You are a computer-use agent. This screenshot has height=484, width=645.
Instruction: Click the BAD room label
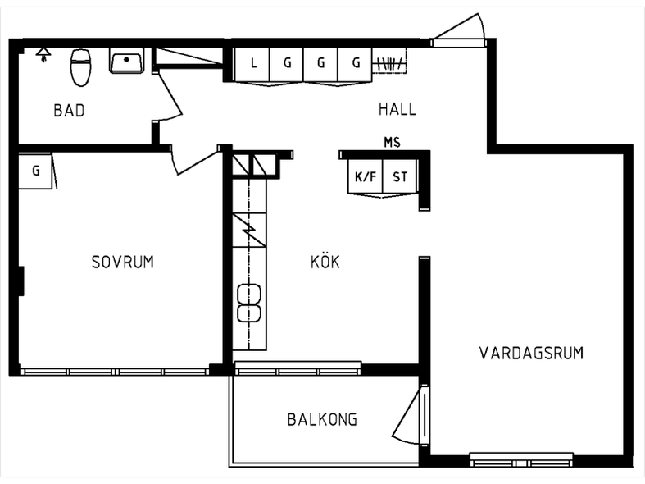(x=69, y=110)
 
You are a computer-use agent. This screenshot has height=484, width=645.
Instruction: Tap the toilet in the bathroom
(x=80, y=67)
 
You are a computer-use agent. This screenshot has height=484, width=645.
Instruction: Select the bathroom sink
(x=127, y=61)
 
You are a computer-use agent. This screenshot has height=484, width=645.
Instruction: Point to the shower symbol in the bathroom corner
(x=43, y=54)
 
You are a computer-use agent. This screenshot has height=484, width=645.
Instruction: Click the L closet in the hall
(x=252, y=65)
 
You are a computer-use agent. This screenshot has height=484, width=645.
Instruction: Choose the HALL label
(x=397, y=109)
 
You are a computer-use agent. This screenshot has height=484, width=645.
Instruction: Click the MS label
(x=392, y=143)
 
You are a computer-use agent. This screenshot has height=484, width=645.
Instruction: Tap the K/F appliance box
(x=366, y=176)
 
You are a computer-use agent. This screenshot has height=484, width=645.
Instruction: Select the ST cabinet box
(x=399, y=176)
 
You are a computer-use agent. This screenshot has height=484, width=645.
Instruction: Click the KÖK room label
(x=325, y=262)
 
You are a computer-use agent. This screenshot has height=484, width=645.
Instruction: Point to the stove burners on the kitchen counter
(x=249, y=303)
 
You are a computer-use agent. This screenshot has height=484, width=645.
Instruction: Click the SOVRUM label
(x=123, y=263)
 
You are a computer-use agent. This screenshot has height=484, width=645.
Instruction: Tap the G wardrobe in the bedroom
(x=35, y=171)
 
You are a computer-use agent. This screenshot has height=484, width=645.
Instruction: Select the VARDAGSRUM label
(x=531, y=353)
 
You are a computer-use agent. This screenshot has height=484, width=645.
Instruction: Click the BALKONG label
(x=322, y=419)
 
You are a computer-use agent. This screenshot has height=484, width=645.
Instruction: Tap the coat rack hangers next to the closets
(x=388, y=64)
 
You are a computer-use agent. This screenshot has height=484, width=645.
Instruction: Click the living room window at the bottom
(x=521, y=459)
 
